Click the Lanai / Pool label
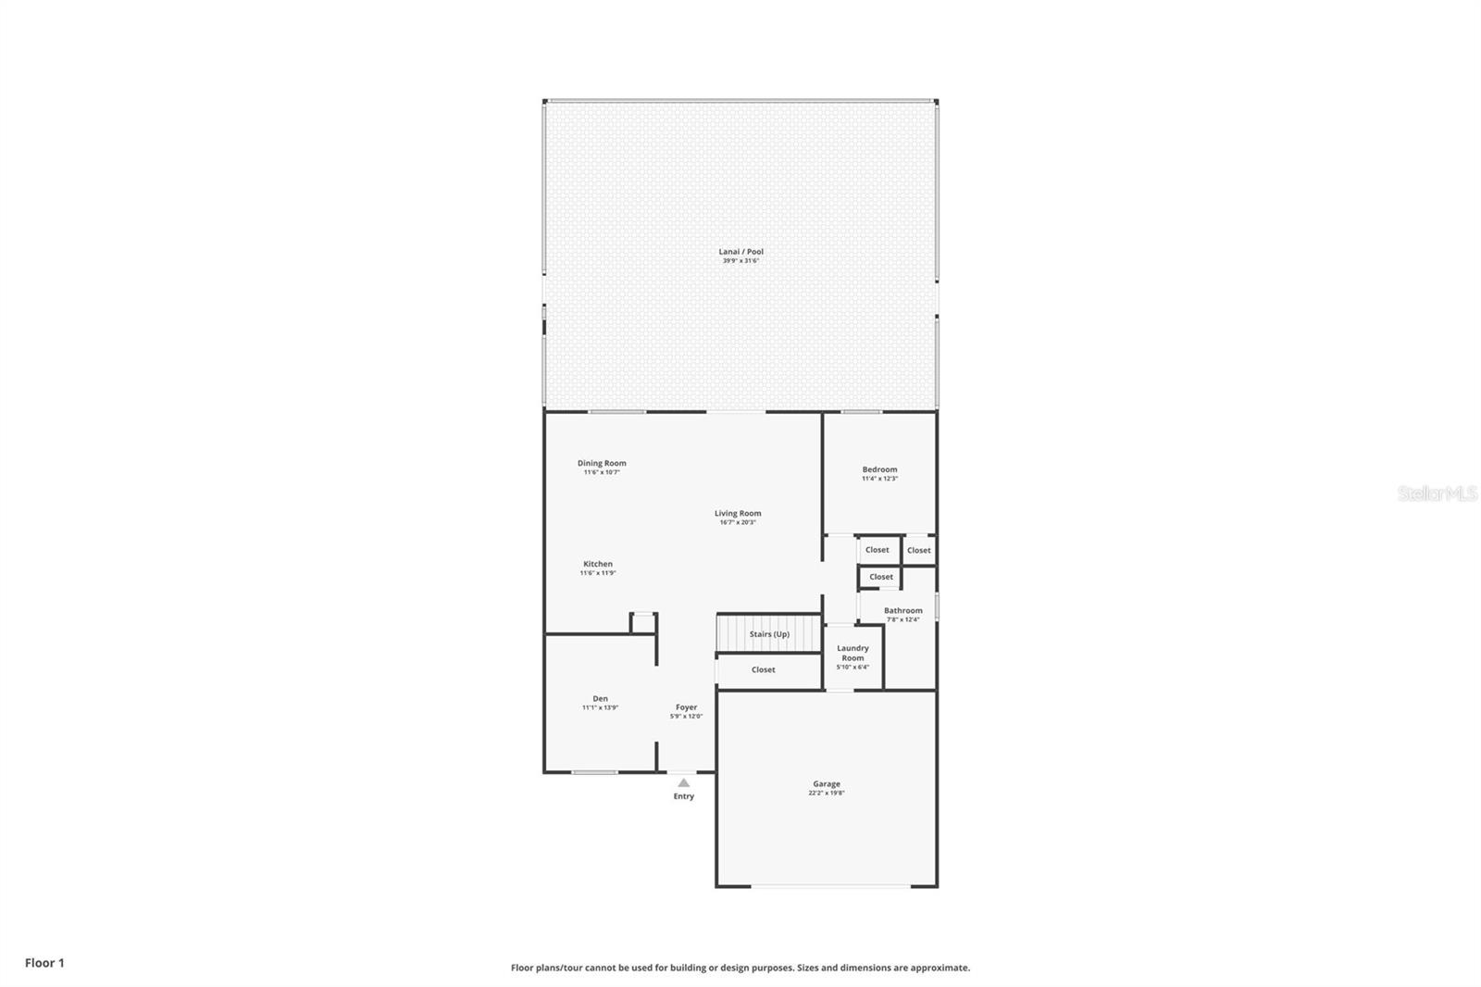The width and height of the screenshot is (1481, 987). pos(740,252)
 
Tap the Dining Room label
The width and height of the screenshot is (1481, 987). pos(602,463)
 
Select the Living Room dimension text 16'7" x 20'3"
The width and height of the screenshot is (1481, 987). pos(738,522)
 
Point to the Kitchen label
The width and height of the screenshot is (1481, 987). pos(598,564)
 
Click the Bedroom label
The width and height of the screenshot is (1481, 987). pos(879,469)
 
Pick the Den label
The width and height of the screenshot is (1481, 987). pos(600,699)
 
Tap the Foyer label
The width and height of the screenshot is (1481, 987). pos(686,707)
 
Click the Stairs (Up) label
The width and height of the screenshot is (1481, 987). pos(769,634)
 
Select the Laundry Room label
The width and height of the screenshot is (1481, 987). pos(853,653)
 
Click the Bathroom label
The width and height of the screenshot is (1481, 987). pos(902,610)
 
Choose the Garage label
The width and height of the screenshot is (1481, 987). pos(827,784)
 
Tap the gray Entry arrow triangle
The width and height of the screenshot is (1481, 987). pos(683,782)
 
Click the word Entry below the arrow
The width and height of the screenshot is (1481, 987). pos(683,796)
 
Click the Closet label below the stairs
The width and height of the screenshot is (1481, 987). pos(763,669)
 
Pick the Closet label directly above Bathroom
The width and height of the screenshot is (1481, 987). pos(881,577)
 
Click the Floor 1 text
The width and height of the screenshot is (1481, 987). pos(44,963)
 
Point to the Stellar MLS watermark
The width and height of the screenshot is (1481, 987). pos(1437,494)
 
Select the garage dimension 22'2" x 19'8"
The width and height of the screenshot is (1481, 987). pos(827,793)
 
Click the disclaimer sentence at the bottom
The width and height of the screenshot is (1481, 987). pos(740,968)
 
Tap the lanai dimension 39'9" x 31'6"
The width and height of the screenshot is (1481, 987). pos(740,261)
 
